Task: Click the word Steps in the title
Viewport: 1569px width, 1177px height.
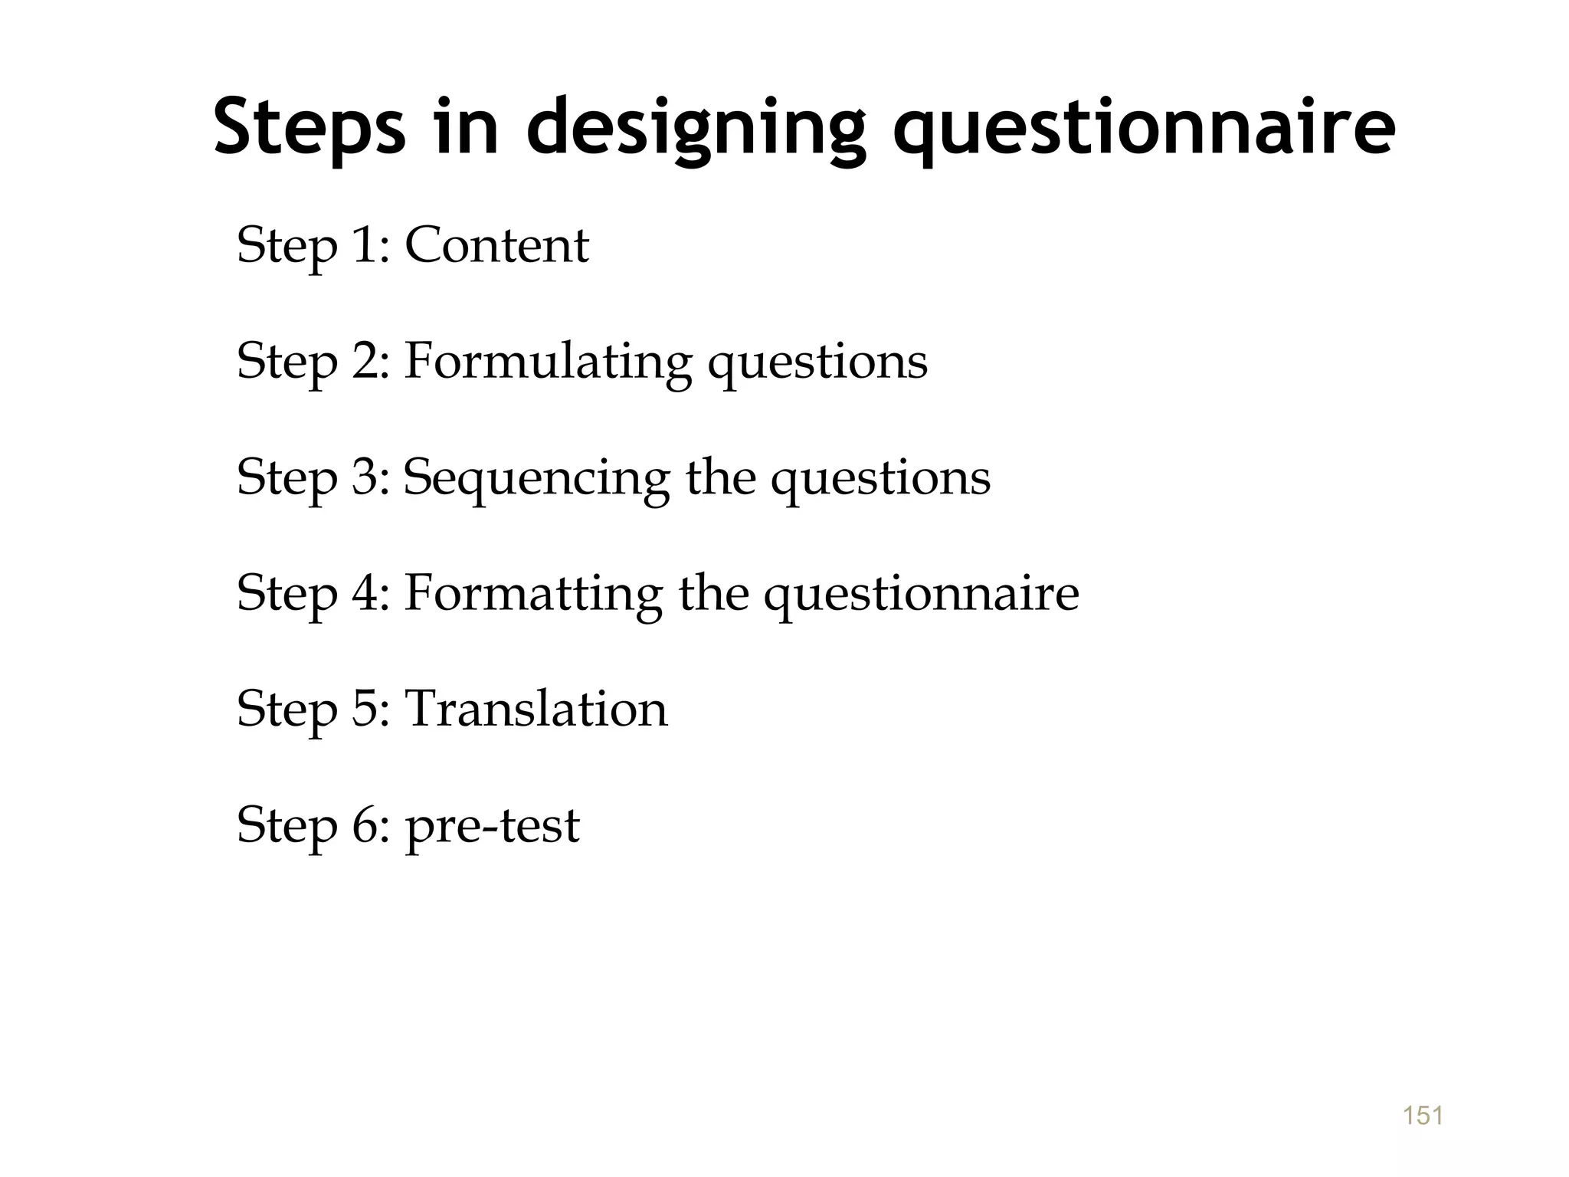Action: coord(309,127)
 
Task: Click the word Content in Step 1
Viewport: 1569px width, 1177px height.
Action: coord(496,246)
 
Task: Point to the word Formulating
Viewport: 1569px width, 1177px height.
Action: coord(547,362)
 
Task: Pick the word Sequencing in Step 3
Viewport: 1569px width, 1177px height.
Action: coord(536,478)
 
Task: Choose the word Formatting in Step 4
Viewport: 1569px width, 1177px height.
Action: coord(533,594)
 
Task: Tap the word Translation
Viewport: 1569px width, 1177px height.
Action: coord(536,709)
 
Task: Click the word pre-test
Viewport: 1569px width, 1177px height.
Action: coord(492,826)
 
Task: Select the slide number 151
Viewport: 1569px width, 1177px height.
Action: coord(1423,1116)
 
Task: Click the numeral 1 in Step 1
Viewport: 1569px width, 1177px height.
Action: coord(365,246)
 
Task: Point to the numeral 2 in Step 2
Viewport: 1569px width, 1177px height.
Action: coord(365,362)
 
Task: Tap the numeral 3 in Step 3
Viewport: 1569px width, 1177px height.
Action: coord(365,478)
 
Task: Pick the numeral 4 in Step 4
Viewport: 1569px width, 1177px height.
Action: coord(365,594)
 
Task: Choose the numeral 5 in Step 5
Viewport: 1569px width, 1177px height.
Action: coord(365,709)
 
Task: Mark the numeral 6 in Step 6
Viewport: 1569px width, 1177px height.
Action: coord(365,826)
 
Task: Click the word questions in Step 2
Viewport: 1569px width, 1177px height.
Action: coord(817,363)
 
